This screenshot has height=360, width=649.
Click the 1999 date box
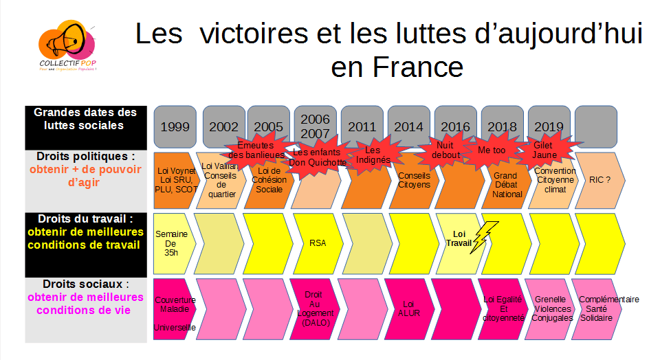[175, 127]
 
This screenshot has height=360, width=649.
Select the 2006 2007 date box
[315, 126]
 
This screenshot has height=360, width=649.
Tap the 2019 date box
[548, 127]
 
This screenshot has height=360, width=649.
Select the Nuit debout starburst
[445, 150]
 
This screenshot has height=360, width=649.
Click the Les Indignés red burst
[373, 155]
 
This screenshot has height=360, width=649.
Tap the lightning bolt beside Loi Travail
[486, 237]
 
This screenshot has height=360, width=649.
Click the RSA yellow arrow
[317, 243]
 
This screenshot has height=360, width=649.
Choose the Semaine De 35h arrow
[172, 243]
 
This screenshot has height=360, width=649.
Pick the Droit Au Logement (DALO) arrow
[315, 308]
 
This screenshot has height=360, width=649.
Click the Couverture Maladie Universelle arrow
[173, 308]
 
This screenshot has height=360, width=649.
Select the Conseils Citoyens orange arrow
[412, 180]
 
